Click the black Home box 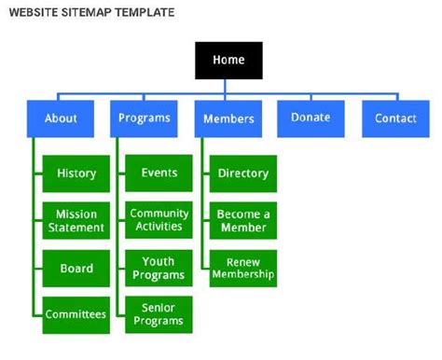pos(228,60)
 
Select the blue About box pos(62,118)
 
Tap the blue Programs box pos(145,118)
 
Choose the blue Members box pos(228,119)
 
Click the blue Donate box pos(311,118)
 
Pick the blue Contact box pos(395,118)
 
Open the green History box pos(76,173)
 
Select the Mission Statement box pos(76,221)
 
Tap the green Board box pos(76,269)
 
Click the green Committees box pos(76,314)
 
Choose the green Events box pos(159,173)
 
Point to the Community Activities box pos(159,220)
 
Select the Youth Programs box pos(159,268)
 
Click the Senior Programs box pos(159,314)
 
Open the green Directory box pos(242,173)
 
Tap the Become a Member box pos(242,221)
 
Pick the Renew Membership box pos(242,269)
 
